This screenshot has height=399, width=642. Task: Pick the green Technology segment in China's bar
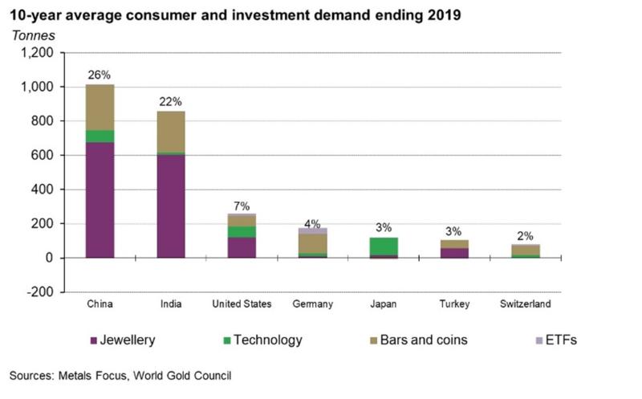click(100, 136)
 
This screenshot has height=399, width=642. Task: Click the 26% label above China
click(100, 75)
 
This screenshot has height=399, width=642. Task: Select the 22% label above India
click(170, 102)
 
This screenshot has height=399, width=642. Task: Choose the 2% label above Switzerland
click(524, 236)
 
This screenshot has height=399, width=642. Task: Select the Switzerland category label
click(524, 304)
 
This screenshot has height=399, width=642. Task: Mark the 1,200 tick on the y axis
click(38, 53)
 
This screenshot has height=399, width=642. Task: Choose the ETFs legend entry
click(555, 340)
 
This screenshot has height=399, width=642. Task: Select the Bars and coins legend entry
click(425, 340)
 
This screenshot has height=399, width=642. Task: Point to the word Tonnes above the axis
click(32, 35)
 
